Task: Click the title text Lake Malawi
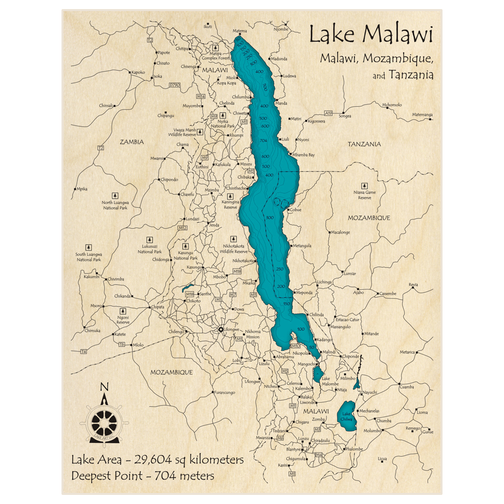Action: tap(370, 35)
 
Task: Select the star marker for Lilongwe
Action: tap(220, 330)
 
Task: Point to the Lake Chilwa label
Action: tap(347, 417)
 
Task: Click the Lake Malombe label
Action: tap(330, 381)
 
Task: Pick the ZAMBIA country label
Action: tap(132, 142)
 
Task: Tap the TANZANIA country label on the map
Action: tap(364, 144)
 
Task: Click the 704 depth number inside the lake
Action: tap(263, 140)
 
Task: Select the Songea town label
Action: tap(345, 116)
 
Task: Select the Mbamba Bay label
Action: tap(303, 155)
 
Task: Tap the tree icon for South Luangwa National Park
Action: tap(89, 247)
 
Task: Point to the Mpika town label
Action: tap(82, 189)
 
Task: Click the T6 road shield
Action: tap(121, 344)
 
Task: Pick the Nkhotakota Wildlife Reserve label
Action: tap(236, 248)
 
